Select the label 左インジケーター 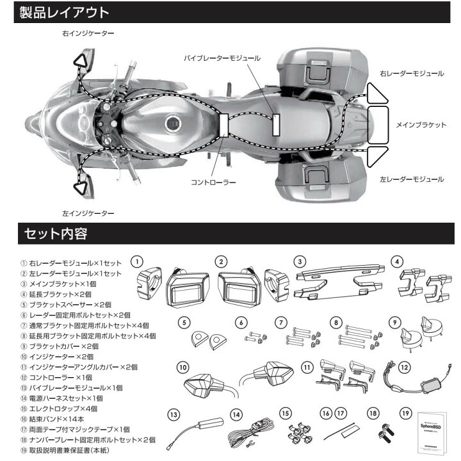(x=88, y=212)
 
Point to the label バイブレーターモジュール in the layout (x=222, y=58)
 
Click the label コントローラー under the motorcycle (x=214, y=182)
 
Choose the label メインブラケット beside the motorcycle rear (x=421, y=125)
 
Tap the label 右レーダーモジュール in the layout (x=411, y=74)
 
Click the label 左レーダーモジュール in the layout (x=411, y=179)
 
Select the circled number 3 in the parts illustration (x=298, y=261)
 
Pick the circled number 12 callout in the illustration (x=403, y=368)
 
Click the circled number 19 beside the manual (x=403, y=414)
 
